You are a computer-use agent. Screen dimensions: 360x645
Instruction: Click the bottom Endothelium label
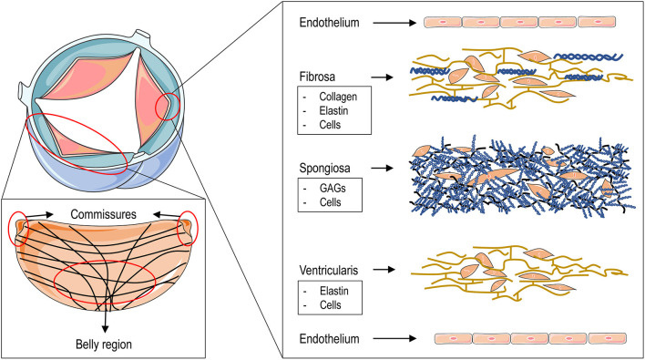[x=330, y=338]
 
